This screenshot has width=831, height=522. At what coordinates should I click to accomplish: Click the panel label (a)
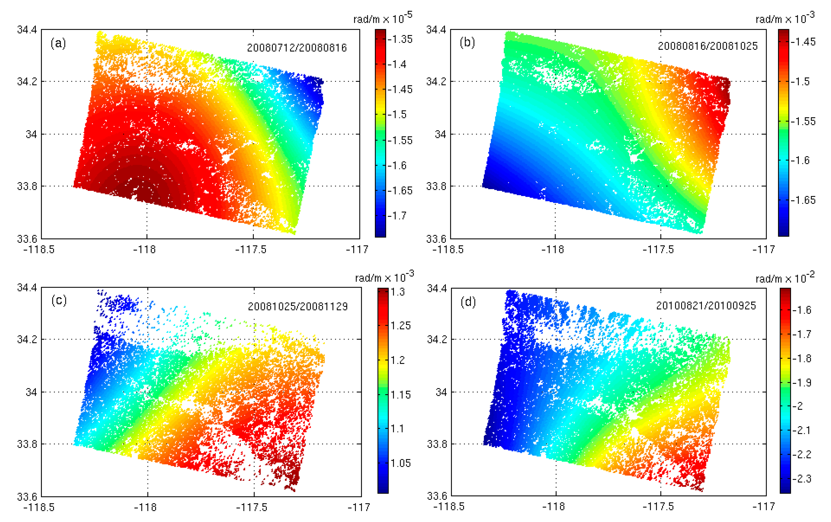[x=58, y=44]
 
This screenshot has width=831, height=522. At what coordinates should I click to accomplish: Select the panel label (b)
[x=467, y=42]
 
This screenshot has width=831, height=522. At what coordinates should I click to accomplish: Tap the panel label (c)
[x=59, y=300]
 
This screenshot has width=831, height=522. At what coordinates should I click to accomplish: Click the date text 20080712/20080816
[x=297, y=48]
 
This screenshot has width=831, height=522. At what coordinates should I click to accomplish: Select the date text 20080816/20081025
[x=708, y=46]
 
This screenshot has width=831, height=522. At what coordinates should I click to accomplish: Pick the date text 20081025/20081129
[x=298, y=307]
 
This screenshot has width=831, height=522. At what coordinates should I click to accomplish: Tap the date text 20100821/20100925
[x=706, y=305]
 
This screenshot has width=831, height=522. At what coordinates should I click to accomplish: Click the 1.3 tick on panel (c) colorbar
[x=398, y=292]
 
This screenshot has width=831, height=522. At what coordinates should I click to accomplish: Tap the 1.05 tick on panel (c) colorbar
[x=400, y=463]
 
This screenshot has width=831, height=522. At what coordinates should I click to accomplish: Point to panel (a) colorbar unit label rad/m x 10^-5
[x=382, y=18]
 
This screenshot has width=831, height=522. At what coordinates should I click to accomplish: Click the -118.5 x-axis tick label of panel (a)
[x=39, y=249]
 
